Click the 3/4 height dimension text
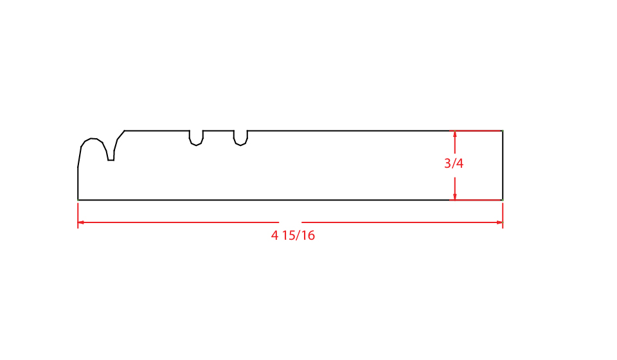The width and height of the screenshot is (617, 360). tap(454, 164)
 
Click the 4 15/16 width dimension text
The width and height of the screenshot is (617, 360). tap(293, 236)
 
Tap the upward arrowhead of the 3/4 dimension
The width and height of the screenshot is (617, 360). tap(455, 134)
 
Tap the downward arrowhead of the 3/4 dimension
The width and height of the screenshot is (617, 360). tap(455, 196)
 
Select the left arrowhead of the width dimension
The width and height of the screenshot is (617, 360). tap(81, 222)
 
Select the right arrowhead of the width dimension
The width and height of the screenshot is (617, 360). tap(499, 222)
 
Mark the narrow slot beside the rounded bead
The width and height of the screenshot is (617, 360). tap(111, 156)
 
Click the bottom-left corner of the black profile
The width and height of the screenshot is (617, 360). tap(78, 200)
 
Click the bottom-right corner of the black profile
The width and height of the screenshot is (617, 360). tap(503, 200)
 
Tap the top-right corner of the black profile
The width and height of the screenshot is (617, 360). tap(503, 130)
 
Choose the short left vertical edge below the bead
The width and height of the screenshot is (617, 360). tap(78, 184)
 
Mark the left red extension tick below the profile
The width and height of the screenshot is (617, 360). tap(78, 215)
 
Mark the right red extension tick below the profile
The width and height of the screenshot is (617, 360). tap(503, 215)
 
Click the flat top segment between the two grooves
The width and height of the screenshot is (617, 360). tap(219, 130)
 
